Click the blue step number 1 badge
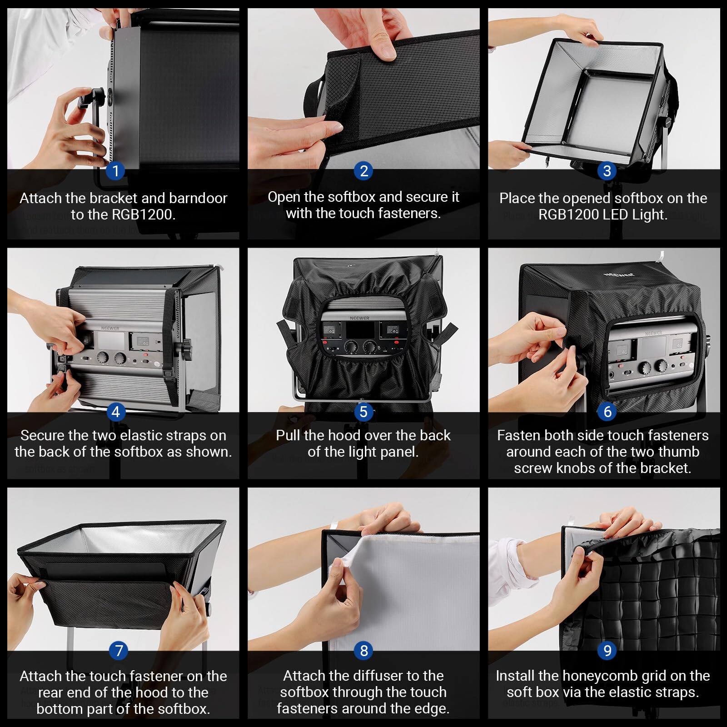tap(115, 171)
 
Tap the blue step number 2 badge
tap(363, 171)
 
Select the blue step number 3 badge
tap(607, 171)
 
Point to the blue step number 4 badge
tap(115, 412)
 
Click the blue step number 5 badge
tap(363, 412)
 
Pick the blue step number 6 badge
tap(607, 412)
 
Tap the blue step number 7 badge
tap(119, 651)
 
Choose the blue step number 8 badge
tap(363, 651)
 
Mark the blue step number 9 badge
tap(607, 651)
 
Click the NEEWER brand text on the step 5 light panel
tap(359, 318)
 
